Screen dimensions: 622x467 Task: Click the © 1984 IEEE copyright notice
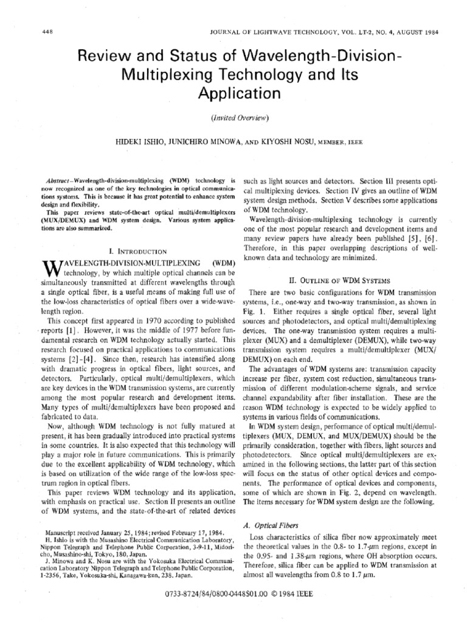tap(291, 595)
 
